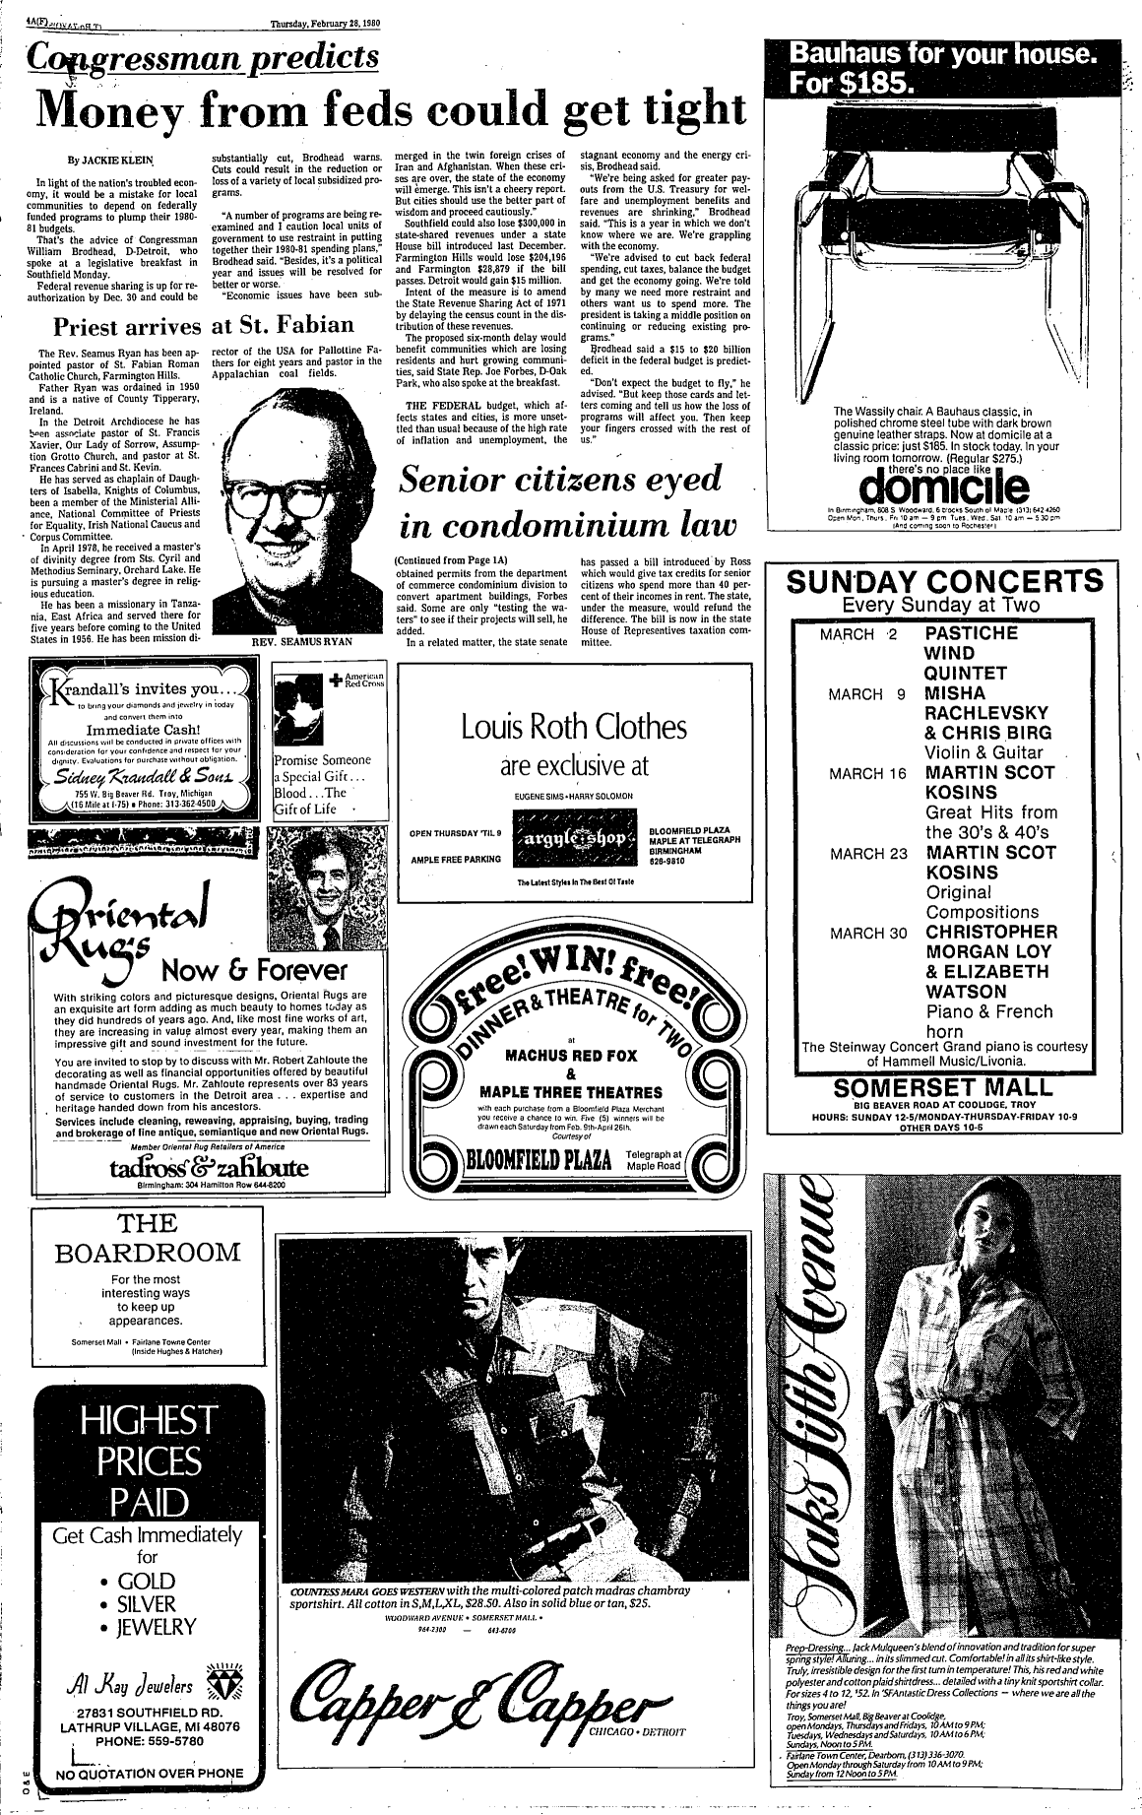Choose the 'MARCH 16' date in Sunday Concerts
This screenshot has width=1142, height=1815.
(x=866, y=773)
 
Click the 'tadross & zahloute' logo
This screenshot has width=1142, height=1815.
(x=210, y=1168)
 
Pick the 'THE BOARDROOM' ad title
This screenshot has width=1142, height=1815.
(x=148, y=1238)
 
